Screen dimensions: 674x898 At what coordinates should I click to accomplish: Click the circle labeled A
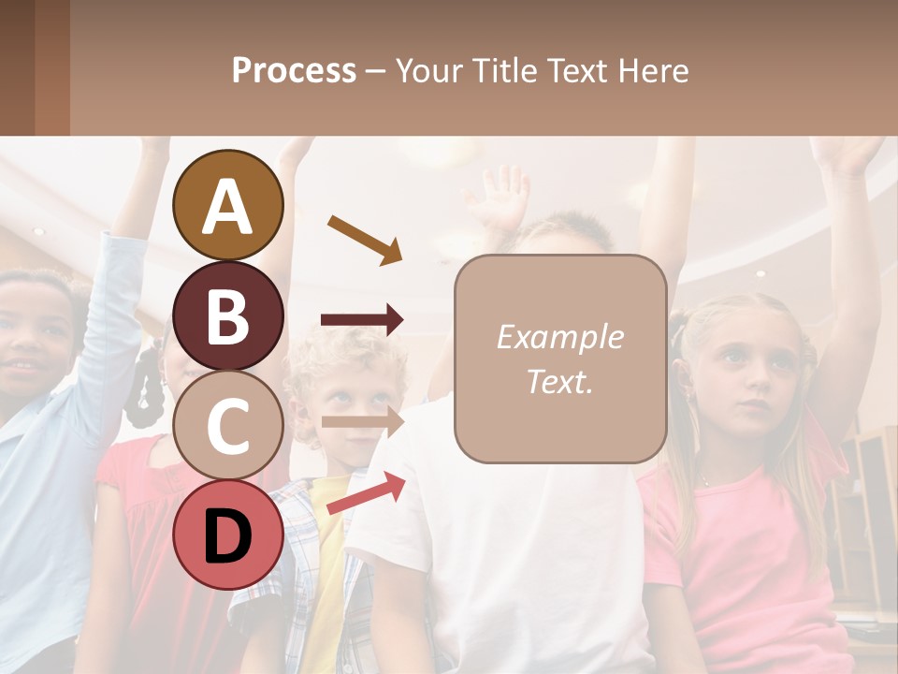pyautogui.click(x=228, y=206)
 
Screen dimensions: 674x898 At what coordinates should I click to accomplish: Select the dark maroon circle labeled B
pyautogui.click(x=228, y=315)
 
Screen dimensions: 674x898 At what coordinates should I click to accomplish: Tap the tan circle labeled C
pyautogui.click(x=228, y=425)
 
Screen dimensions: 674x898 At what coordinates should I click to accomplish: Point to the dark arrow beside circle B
pyautogui.click(x=362, y=320)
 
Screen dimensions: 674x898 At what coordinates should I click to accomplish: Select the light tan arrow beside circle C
pyautogui.click(x=362, y=421)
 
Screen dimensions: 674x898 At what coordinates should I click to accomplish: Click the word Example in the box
pyautogui.click(x=559, y=337)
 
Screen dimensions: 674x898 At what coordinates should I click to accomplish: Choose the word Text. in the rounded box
pyautogui.click(x=559, y=382)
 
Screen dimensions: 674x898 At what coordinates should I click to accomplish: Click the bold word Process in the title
pyautogui.click(x=294, y=70)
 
